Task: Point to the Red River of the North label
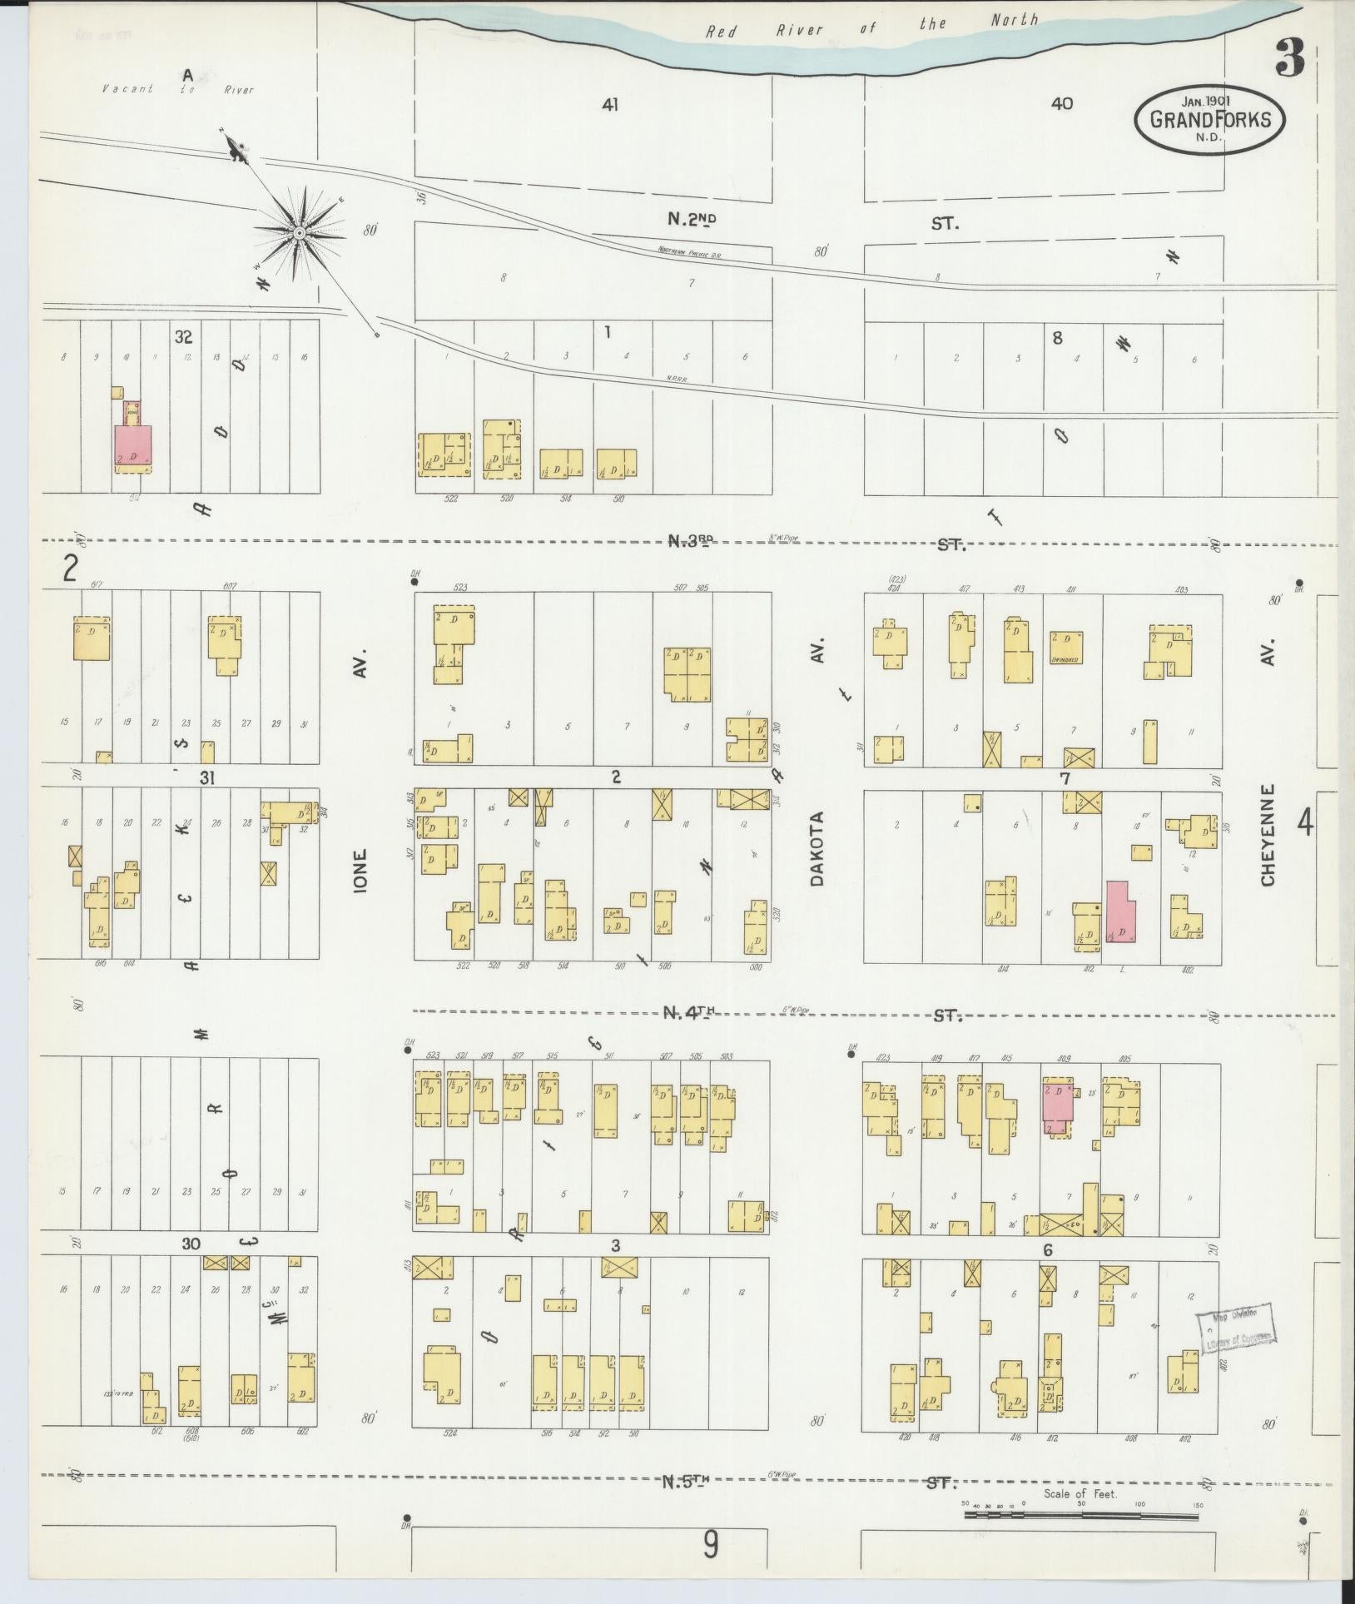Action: tap(872, 26)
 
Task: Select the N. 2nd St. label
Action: tap(692, 220)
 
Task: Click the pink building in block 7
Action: tap(1120, 911)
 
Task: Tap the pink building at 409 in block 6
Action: tap(1057, 1106)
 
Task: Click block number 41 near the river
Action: tap(612, 104)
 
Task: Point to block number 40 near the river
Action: tap(1062, 104)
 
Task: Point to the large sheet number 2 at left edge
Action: tap(70, 569)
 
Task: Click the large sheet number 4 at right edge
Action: tap(1304, 823)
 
